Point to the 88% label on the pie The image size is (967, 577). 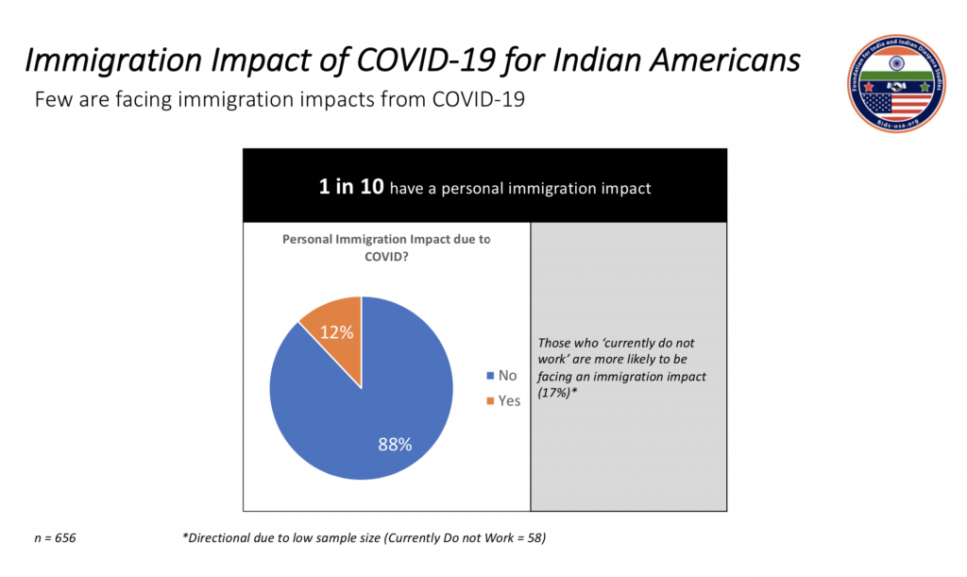394,444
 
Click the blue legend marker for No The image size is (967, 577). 489,376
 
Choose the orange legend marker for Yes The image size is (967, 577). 489,400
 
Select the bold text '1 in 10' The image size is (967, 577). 351,187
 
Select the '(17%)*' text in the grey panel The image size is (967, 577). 558,389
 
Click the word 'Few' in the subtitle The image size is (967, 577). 52,98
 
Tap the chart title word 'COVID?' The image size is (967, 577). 386,256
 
